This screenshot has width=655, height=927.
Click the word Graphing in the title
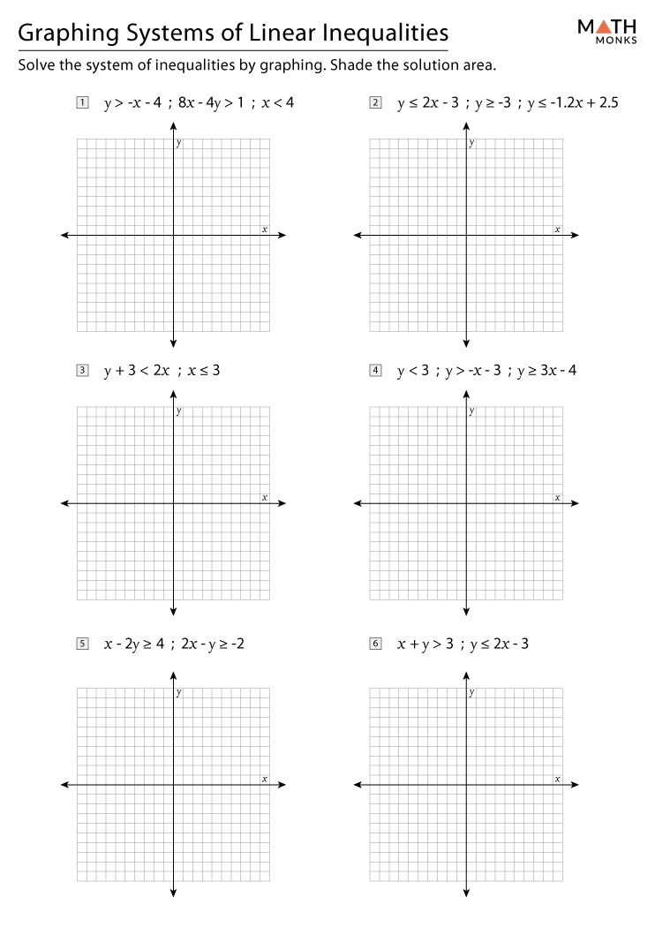[66, 34]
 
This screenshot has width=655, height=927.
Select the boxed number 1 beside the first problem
[82, 102]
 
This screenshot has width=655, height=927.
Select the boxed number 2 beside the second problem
[376, 102]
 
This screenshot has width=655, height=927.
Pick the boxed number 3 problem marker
[82, 371]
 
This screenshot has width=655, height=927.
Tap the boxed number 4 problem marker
[376, 371]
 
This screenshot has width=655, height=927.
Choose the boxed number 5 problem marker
[82, 644]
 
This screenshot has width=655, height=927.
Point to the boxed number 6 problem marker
[376, 644]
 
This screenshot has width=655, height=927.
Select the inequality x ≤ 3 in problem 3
[203, 371]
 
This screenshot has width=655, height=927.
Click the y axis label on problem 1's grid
[179, 143]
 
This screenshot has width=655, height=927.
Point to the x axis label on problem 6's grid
[557, 778]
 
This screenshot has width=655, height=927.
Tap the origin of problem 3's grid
[173, 503]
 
